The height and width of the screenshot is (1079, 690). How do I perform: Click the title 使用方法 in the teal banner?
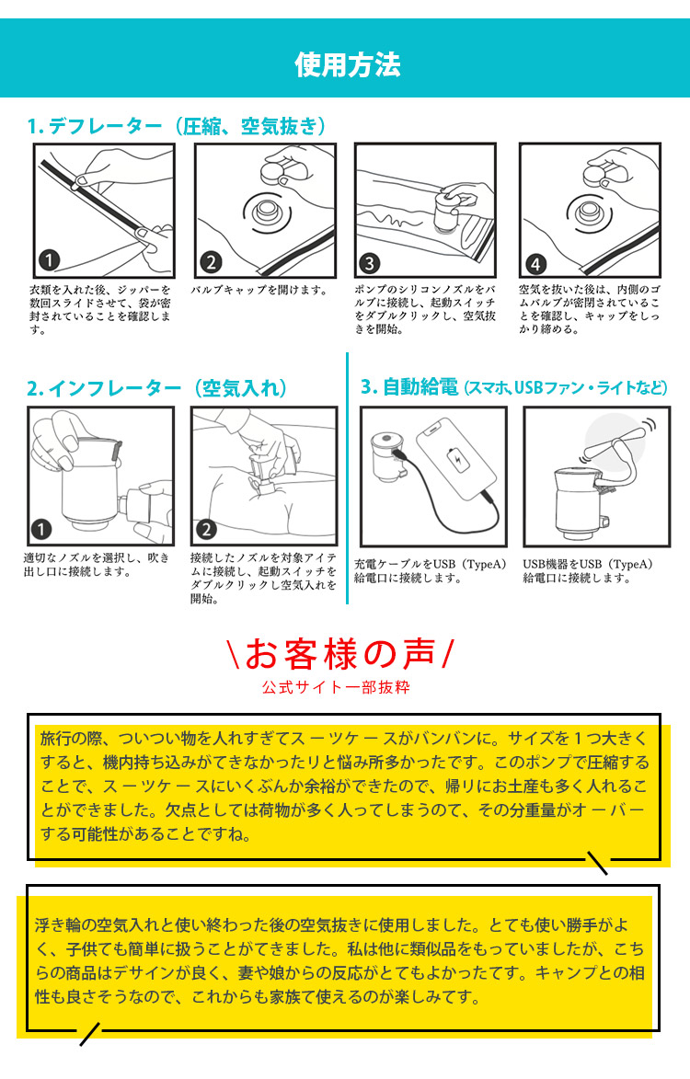tap(347, 64)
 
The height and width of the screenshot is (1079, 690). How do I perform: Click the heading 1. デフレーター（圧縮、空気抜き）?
tap(177, 126)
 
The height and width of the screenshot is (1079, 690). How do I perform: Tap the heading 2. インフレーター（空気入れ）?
tap(156, 388)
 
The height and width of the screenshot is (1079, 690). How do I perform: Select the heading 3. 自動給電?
tap(409, 387)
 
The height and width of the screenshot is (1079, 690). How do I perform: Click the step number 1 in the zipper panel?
tap(50, 261)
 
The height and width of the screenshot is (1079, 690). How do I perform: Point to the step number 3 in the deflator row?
tap(370, 263)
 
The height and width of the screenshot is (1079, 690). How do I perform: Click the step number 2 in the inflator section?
tap(206, 529)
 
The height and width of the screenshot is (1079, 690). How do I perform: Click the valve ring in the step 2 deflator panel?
tap(266, 212)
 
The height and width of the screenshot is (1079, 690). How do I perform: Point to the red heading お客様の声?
tap(339, 654)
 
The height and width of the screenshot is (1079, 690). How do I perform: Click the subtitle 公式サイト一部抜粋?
tap(336, 687)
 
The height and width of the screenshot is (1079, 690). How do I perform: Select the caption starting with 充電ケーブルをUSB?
tap(430, 571)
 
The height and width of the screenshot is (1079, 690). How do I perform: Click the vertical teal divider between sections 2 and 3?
tap(348, 478)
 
